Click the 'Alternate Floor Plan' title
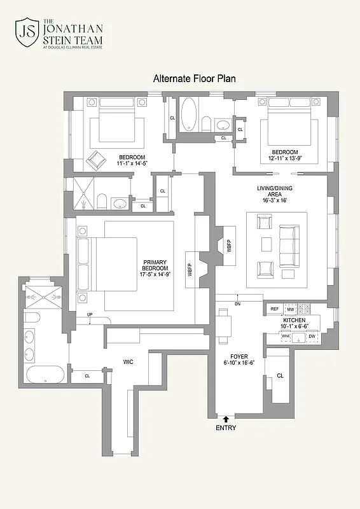[x=195, y=79]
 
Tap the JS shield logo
[x=27, y=34]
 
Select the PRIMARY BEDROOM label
[x=155, y=268]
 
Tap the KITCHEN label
[x=294, y=320]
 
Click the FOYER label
[x=239, y=356]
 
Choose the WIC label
[x=128, y=362]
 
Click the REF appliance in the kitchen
[x=275, y=309]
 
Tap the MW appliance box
[x=291, y=309]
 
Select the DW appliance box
[x=312, y=335]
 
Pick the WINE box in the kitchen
[x=286, y=335]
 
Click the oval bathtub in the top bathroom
[x=189, y=115]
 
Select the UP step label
[x=90, y=315]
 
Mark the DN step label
[x=237, y=305]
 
